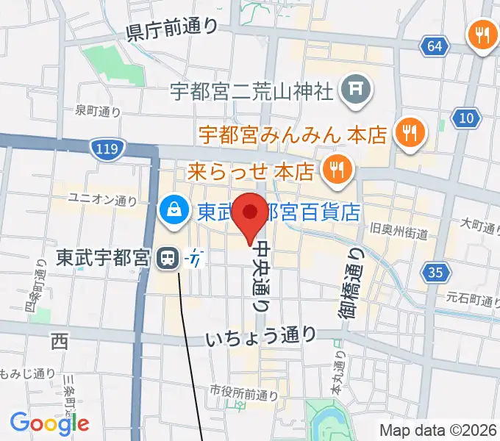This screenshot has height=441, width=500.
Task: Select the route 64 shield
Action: coord(435,46)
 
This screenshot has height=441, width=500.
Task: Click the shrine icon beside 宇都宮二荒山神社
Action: coord(356,90)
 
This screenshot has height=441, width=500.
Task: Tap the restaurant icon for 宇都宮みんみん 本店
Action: coord(408,133)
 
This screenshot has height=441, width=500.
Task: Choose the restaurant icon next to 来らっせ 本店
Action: coord(337,171)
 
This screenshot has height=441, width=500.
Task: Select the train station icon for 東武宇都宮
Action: coord(168,258)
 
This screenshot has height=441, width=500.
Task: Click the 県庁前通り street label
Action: coord(173,29)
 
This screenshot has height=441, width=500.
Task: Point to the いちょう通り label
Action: coord(261,337)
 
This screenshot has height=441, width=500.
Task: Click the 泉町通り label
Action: coord(98,112)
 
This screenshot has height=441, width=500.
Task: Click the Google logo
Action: coord(49,423)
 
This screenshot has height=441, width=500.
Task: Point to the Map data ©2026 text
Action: coord(438,430)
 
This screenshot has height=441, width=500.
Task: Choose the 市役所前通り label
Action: coord(244,394)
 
